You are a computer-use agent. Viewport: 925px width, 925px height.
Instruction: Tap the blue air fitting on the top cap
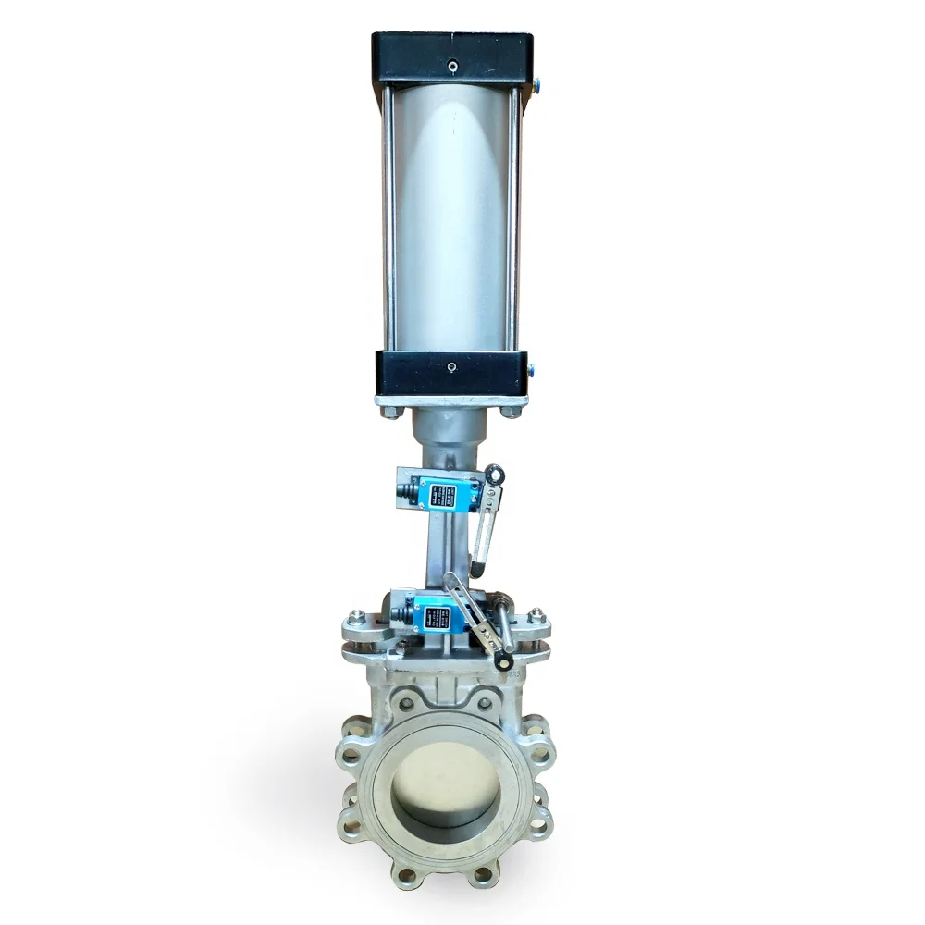[x=536, y=85]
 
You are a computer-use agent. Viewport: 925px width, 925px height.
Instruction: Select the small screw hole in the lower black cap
[x=451, y=367]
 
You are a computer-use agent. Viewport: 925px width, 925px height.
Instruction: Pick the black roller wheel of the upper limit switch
[x=495, y=475]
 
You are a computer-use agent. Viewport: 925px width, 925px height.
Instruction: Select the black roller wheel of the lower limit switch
[x=503, y=662]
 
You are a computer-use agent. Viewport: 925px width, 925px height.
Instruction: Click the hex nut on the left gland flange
[x=355, y=616]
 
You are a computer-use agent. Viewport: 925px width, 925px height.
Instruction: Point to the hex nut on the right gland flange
[x=536, y=615]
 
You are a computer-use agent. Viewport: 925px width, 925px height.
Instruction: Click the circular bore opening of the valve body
[x=445, y=786]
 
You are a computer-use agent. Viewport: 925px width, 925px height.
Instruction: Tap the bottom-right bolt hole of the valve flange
[x=482, y=870]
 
